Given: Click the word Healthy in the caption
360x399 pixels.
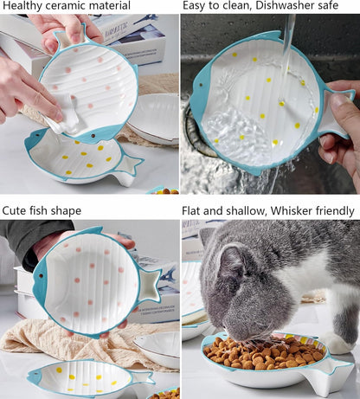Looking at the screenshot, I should coord(22,6).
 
